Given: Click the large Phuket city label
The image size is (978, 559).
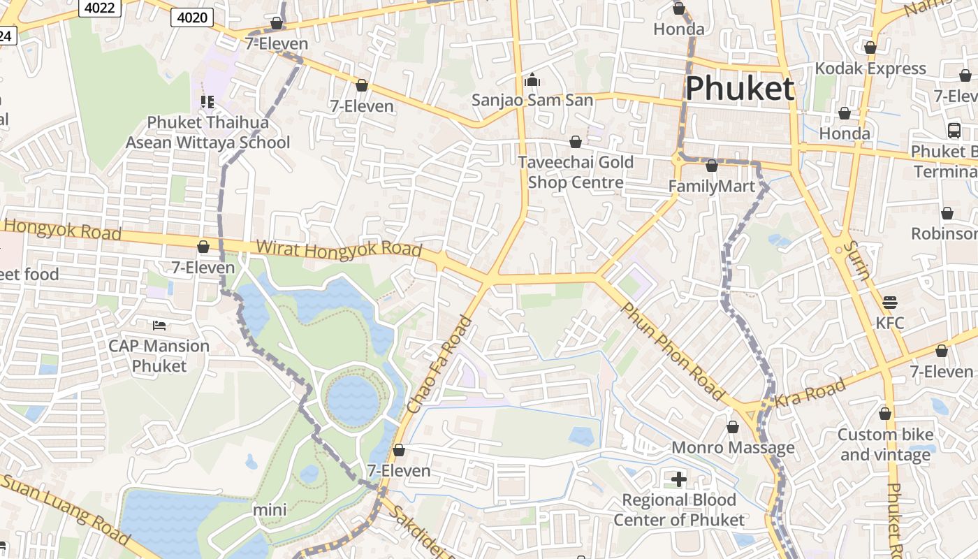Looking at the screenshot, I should coord(740,89).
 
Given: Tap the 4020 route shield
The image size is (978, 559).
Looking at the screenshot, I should coord(192,17).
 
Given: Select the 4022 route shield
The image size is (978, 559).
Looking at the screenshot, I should coord(101,8).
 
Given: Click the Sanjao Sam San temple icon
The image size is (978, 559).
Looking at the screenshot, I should coord(532,80).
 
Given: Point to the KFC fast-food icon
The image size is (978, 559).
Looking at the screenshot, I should coord(889,303).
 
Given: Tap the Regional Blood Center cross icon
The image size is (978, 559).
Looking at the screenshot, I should coord(678,479).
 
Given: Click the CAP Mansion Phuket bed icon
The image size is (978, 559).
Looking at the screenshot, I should coord(159,325).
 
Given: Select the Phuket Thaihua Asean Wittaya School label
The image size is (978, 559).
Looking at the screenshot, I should coord(207,133).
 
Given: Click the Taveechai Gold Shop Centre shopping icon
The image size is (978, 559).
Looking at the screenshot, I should coord(576,143).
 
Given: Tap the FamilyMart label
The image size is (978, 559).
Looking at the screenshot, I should coord(712,187).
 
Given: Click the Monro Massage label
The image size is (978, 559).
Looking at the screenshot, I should coord(733,447).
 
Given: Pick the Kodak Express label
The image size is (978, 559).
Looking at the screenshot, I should coord(870,68).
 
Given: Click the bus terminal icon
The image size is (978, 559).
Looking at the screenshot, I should coord(954,130).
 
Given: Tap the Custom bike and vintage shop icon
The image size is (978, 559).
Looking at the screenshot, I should coord(885,414).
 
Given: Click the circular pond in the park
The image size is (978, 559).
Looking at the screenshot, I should coord(353,401).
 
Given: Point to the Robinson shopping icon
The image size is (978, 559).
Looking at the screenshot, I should coord(947,213).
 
